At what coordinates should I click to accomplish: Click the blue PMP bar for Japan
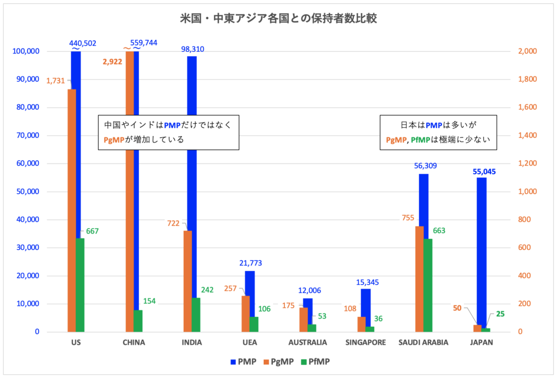point(482,251)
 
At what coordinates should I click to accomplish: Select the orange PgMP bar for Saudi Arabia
point(420,278)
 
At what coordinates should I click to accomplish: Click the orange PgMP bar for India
point(187,281)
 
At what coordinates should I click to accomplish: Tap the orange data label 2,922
point(113,62)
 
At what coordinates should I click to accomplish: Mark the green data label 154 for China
point(150,301)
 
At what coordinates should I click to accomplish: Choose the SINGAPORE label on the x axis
point(366,343)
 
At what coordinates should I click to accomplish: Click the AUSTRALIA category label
point(307,343)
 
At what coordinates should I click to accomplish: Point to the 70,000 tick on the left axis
point(25,135)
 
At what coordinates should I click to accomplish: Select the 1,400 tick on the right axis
point(526,135)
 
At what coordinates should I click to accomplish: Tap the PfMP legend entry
point(315,361)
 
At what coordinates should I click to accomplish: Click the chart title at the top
point(278,18)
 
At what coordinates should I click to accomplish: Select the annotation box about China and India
point(168,132)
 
